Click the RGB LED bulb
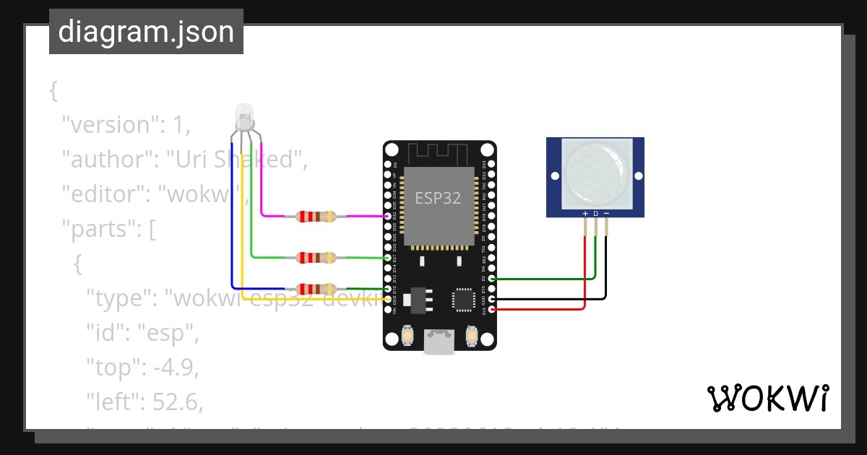(244, 116)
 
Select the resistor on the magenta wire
(316, 216)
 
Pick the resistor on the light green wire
(316, 257)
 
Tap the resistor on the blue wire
(316, 288)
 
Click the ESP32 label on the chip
(438, 198)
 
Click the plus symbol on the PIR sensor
(585, 214)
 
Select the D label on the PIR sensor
(595, 214)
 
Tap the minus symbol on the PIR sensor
(606, 214)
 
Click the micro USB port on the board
(439, 342)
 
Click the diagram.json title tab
(146, 32)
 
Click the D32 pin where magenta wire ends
(389, 216)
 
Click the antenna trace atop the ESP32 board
(439, 153)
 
